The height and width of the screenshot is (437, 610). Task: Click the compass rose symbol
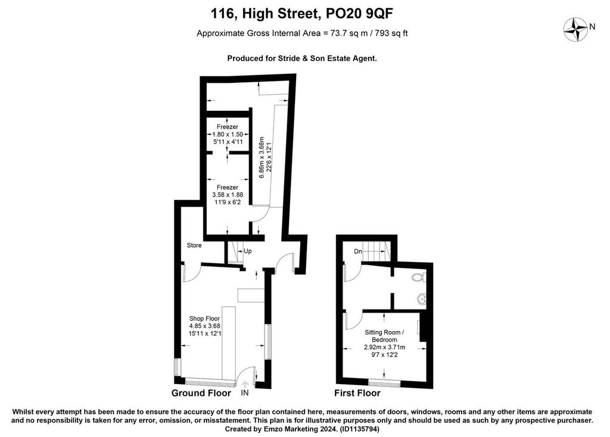click(x=575, y=29)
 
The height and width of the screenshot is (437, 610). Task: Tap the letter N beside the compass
click(x=593, y=27)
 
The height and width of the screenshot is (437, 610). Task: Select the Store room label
click(x=194, y=245)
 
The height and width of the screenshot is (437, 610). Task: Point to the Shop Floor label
click(x=205, y=319)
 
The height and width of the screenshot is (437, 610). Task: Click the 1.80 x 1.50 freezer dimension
click(x=228, y=134)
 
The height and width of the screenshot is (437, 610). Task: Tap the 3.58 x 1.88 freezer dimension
click(x=228, y=195)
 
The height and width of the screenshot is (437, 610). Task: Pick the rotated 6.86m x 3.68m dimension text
click(x=262, y=157)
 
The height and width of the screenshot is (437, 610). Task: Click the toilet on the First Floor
click(x=419, y=277)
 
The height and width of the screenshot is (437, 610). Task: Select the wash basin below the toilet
click(x=422, y=299)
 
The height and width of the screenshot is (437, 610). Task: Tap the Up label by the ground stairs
click(x=247, y=251)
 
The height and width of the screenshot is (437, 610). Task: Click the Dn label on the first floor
click(x=358, y=252)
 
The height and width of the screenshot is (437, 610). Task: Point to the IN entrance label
click(x=245, y=393)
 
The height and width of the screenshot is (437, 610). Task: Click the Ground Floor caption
click(x=201, y=393)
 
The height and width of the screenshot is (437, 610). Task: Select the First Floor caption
click(x=357, y=393)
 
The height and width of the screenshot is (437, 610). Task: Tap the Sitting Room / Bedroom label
click(x=384, y=336)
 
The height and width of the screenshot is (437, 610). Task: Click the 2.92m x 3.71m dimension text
click(x=384, y=347)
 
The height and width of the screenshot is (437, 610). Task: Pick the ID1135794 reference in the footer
click(x=359, y=429)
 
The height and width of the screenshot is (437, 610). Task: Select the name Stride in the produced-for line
click(x=288, y=59)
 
